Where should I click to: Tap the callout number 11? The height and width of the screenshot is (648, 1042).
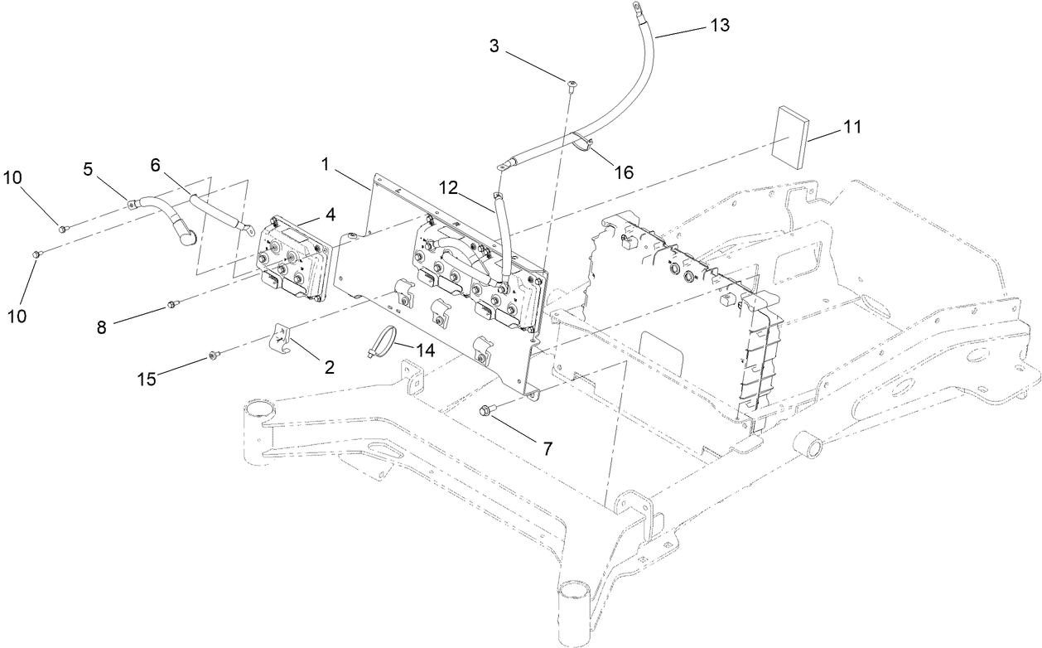click(x=852, y=128)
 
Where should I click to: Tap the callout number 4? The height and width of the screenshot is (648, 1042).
click(x=330, y=215)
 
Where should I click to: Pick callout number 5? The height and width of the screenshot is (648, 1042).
click(x=88, y=169)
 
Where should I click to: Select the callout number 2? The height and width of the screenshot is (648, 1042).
click(x=328, y=366)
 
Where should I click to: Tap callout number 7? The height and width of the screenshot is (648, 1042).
click(x=546, y=448)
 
